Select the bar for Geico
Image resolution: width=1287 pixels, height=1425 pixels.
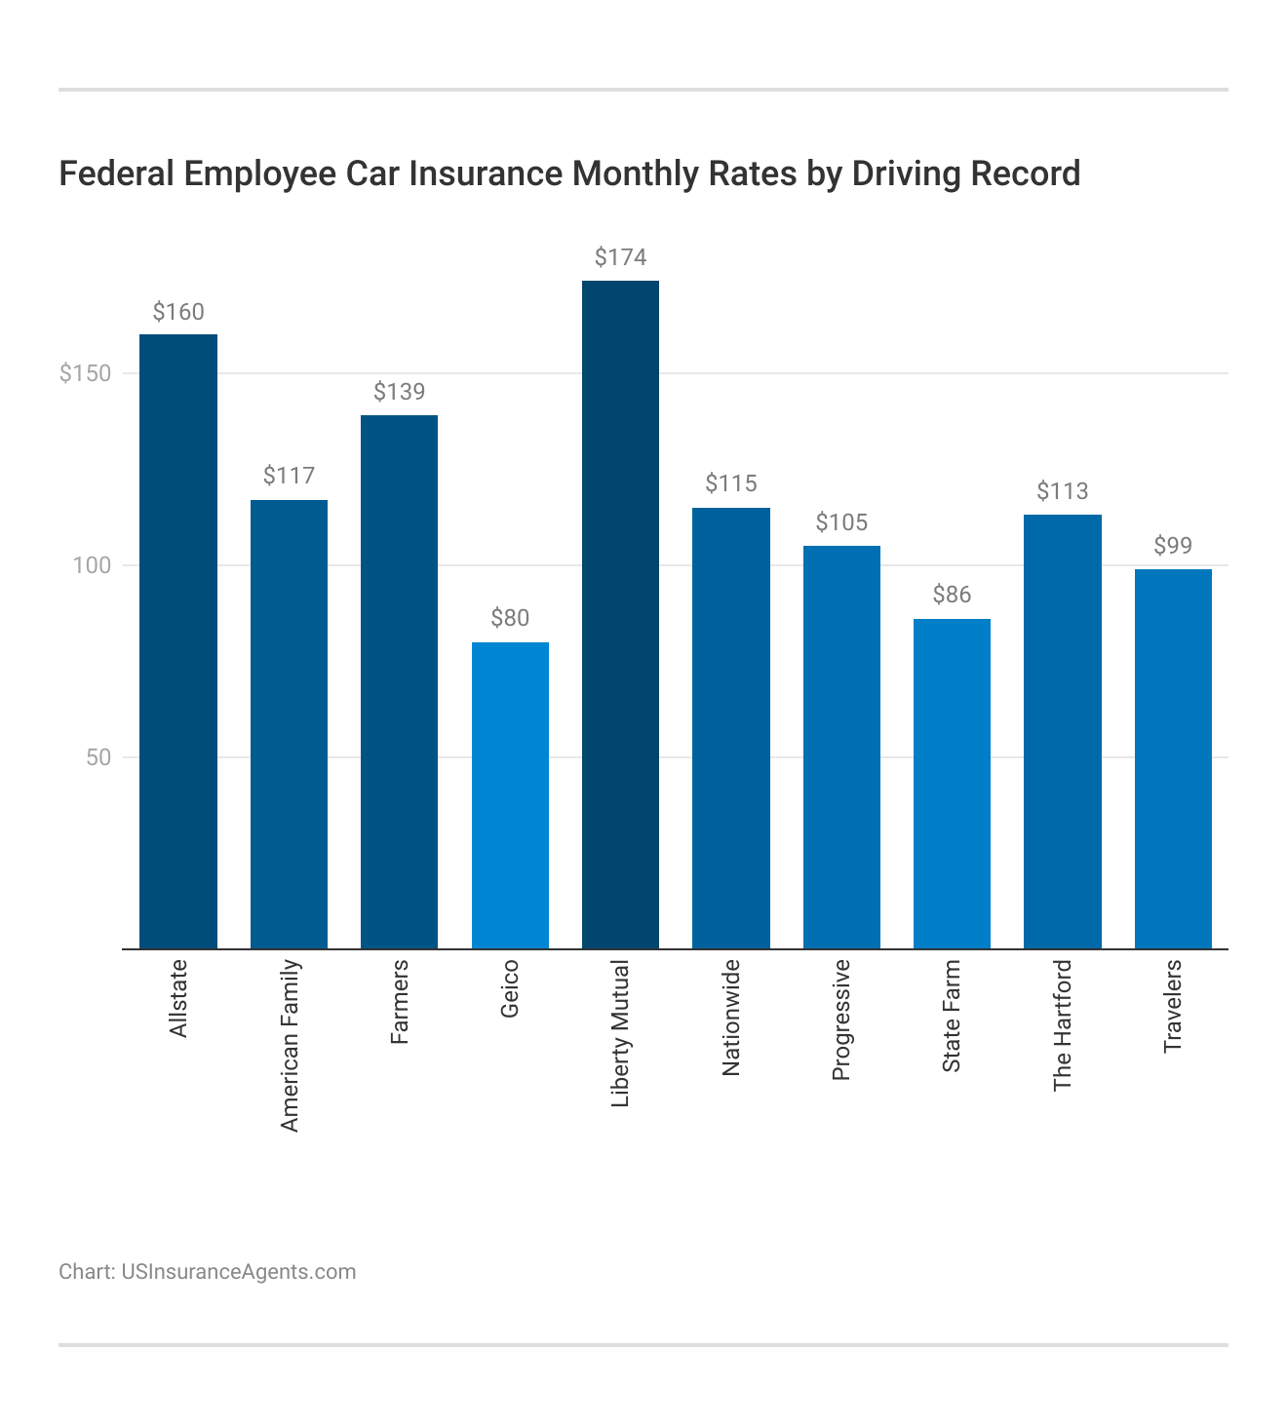coord(510,795)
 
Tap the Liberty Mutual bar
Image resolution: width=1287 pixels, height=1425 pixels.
coord(620,614)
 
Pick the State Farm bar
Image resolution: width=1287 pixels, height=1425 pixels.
coord(952,784)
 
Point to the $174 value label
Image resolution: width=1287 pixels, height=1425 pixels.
coord(620,257)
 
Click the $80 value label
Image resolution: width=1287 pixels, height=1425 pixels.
coord(510,618)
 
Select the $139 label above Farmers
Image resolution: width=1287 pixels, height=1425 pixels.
coord(400,392)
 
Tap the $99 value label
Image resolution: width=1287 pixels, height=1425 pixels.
coord(1173,546)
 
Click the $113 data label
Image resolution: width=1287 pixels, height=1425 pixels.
coord(1063,491)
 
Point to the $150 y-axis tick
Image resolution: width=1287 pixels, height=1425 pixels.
coord(86,373)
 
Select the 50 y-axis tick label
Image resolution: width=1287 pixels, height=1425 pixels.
coord(98,757)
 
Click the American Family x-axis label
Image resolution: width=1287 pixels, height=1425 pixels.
coord(290,1046)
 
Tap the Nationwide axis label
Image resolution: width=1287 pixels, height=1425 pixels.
coord(731,1018)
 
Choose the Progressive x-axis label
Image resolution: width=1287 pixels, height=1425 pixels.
coord(841,1020)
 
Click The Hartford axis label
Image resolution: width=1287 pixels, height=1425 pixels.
coord(1063,1025)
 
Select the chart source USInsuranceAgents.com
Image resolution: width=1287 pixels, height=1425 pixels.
coord(238,1272)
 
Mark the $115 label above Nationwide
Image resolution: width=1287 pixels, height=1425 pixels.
coord(731,483)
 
